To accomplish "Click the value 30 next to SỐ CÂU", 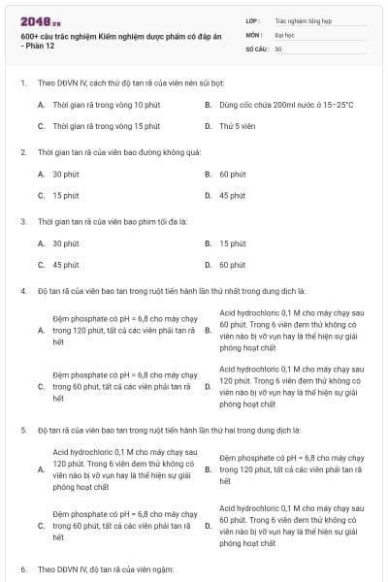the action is point(278,48).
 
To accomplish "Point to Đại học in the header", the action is point(284,33).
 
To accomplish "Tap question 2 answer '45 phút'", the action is point(232,195).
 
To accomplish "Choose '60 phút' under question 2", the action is point(232,174).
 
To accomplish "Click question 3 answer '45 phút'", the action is point(65,265).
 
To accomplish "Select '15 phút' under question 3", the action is point(232,243).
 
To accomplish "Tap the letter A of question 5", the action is point(41,469).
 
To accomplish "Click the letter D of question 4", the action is point(208,386).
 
